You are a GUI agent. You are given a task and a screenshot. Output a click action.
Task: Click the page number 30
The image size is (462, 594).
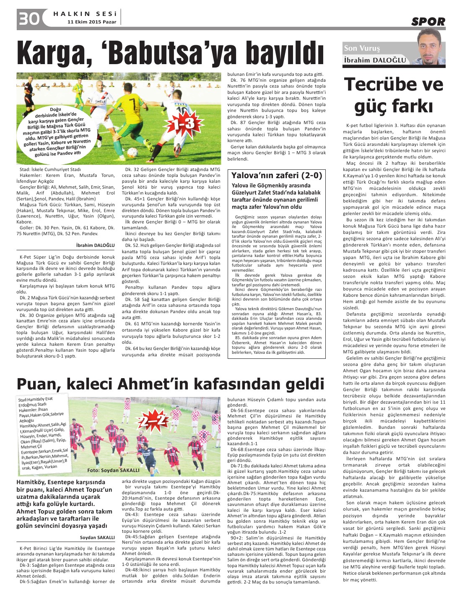coord(29,18)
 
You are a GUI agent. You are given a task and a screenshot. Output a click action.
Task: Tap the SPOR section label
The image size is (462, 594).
coord(428,22)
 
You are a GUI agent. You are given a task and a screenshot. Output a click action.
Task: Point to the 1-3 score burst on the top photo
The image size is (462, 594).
coord(184,123)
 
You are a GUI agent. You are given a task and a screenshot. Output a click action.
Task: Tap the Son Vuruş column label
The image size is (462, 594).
coord(362,48)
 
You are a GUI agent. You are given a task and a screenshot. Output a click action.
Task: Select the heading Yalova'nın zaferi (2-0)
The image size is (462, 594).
coord(277,175)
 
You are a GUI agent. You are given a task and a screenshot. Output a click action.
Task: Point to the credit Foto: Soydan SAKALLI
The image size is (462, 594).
coord(113,470)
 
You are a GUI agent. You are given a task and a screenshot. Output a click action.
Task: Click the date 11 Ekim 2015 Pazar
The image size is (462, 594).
coord(92,22)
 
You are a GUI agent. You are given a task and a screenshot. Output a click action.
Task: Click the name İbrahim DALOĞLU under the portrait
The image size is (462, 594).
coord(375,60)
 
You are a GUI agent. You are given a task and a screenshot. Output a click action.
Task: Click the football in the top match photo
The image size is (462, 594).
coord(132,152)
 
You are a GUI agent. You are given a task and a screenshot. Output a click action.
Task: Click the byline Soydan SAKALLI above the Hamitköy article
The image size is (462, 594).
coord(97,537)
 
